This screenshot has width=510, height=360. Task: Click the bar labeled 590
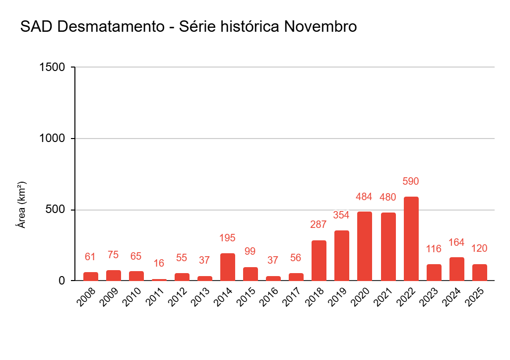tap(411, 239)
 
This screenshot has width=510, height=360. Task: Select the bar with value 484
tap(364, 246)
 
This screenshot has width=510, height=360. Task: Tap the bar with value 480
tap(388, 247)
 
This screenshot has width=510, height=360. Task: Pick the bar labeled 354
tap(341, 256)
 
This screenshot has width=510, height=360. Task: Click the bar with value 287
tap(319, 261)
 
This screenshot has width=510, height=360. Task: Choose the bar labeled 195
tap(227, 267)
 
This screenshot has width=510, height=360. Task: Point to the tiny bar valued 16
tap(159, 280)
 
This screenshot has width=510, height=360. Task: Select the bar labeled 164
tap(456, 269)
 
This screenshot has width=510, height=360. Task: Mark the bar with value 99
tap(250, 274)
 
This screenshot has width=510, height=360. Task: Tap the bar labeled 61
tap(90, 277)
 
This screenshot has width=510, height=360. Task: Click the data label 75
tap(113, 255)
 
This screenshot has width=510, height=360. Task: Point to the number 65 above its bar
tap(136, 256)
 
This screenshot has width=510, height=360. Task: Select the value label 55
tap(182, 258)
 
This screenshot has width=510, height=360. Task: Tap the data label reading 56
tap(296, 258)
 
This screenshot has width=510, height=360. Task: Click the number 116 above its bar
tap(434, 249)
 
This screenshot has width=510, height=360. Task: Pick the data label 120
tap(479, 248)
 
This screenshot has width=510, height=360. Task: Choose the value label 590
tap(411, 182)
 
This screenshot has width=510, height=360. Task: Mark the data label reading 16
tap(159, 263)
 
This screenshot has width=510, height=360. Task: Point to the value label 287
tap(319, 224)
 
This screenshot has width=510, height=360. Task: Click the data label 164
tap(456, 242)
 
